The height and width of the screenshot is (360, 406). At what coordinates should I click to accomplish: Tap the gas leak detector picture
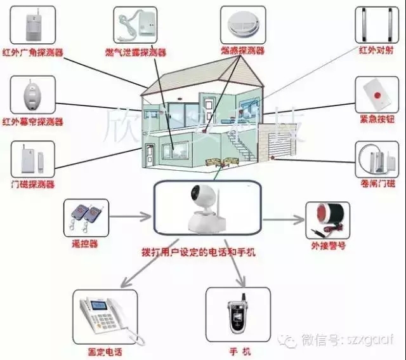[x=136, y=25]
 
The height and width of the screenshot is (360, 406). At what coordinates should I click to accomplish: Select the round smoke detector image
[x=242, y=24]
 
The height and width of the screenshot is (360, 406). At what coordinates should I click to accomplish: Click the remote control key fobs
[x=85, y=218]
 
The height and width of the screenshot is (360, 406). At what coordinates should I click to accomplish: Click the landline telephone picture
[x=104, y=319]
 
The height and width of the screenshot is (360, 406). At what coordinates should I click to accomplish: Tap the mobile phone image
[x=239, y=315]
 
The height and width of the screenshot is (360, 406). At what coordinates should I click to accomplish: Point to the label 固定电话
[x=105, y=352]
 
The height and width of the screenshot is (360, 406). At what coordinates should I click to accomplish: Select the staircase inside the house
[x=239, y=147]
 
